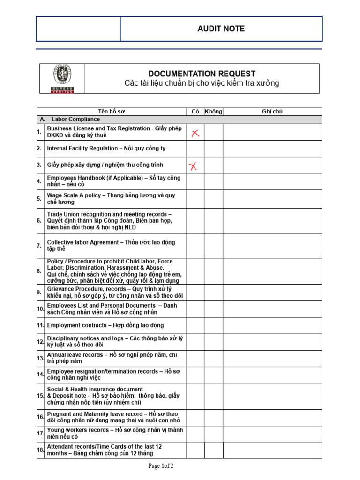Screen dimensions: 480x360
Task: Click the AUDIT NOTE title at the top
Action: [x=221, y=29]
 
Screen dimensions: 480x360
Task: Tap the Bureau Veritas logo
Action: [x=62, y=78]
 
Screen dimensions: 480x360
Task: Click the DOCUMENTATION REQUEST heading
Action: [x=202, y=74]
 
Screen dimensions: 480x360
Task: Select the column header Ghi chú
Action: [x=272, y=112]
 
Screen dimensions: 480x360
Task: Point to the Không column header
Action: [x=214, y=112]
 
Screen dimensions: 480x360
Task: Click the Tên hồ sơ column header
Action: [x=112, y=112]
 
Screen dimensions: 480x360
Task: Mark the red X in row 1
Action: [x=195, y=134]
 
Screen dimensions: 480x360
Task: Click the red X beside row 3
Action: [x=193, y=165]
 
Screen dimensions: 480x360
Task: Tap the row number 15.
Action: [x=40, y=396]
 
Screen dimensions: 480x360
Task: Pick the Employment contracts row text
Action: [x=105, y=325]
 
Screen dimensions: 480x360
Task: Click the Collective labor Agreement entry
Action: [x=111, y=246]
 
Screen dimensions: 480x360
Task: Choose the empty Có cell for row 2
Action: [x=195, y=149]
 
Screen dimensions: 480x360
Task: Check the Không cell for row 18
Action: [x=214, y=450]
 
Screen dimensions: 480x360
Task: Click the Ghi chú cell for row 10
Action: [x=272, y=308]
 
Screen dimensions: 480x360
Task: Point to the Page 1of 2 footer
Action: [x=161, y=466]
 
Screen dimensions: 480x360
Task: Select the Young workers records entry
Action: [x=115, y=434]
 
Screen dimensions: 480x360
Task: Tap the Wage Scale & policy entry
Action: [x=111, y=199]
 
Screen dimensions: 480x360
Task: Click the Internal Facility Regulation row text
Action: [x=106, y=149]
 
